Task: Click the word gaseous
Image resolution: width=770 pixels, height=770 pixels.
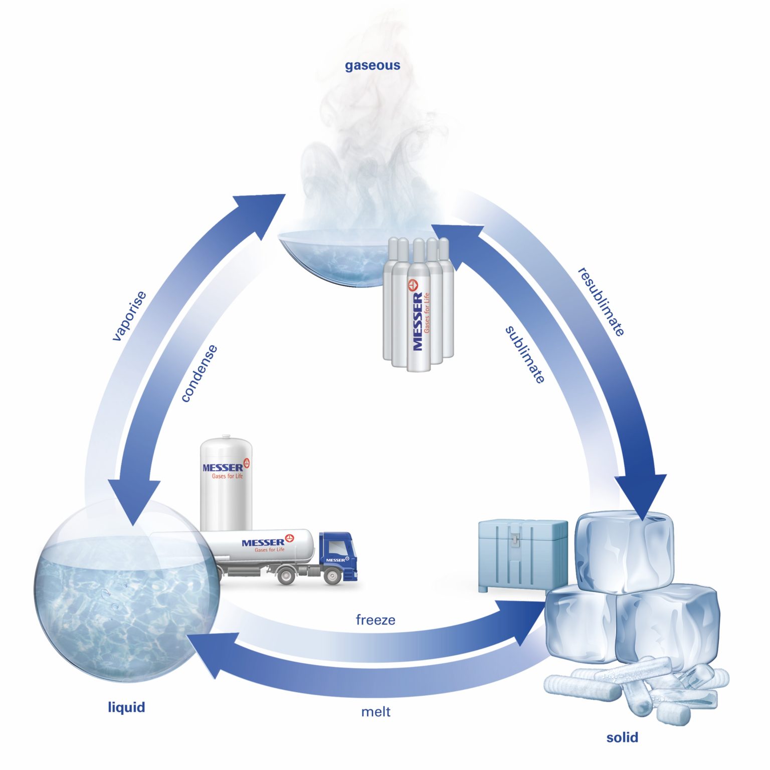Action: tap(372, 65)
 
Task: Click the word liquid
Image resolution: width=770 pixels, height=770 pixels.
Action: tap(126, 707)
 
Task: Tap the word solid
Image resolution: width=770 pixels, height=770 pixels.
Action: tap(622, 737)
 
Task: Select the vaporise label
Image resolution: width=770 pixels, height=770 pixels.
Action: tap(129, 316)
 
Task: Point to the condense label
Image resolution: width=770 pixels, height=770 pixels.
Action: tap(199, 373)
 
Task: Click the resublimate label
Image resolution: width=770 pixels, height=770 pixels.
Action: tap(602, 302)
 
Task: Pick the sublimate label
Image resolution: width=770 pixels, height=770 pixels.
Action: tap(525, 354)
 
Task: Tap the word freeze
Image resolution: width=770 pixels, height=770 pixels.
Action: tap(375, 620)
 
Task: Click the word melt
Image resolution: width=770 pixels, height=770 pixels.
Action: tap(375, 712)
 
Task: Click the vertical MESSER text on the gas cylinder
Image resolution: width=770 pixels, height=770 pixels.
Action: tap(418, 321)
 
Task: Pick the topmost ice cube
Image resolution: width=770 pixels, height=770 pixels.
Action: tap(624, 551)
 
